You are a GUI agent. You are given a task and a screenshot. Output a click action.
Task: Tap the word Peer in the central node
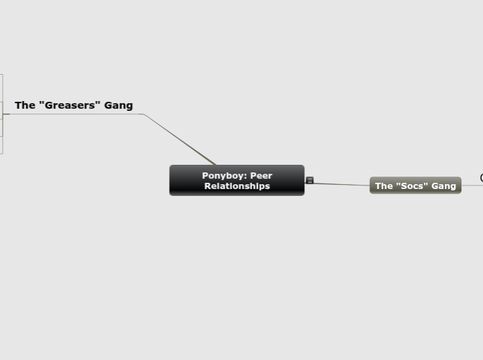click(x=261, y=175)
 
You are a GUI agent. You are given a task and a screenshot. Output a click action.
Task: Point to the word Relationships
click(x=237, y=186)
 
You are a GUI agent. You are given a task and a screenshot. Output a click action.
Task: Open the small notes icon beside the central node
click(x=310, y=180)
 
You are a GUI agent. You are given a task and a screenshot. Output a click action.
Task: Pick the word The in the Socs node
click(x=383, y=186)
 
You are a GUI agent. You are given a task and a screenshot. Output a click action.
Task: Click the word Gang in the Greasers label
click(x=118, y=105)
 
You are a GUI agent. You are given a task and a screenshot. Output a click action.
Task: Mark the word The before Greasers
click(x=24, y=105)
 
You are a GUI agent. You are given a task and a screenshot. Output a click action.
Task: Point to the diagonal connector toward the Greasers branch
click(x=180, y=138)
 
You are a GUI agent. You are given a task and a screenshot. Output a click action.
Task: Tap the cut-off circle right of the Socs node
click(x=482, y=178)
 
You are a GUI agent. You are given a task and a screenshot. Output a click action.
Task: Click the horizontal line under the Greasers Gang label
click(x=76, y=114)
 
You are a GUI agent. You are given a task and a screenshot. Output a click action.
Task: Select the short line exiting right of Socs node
click(x=471, y=185)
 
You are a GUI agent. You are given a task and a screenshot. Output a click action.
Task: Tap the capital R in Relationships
click(x=207, y=186)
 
